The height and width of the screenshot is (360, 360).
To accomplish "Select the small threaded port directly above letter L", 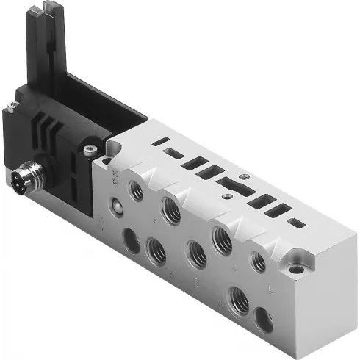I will (x=258, y=261).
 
